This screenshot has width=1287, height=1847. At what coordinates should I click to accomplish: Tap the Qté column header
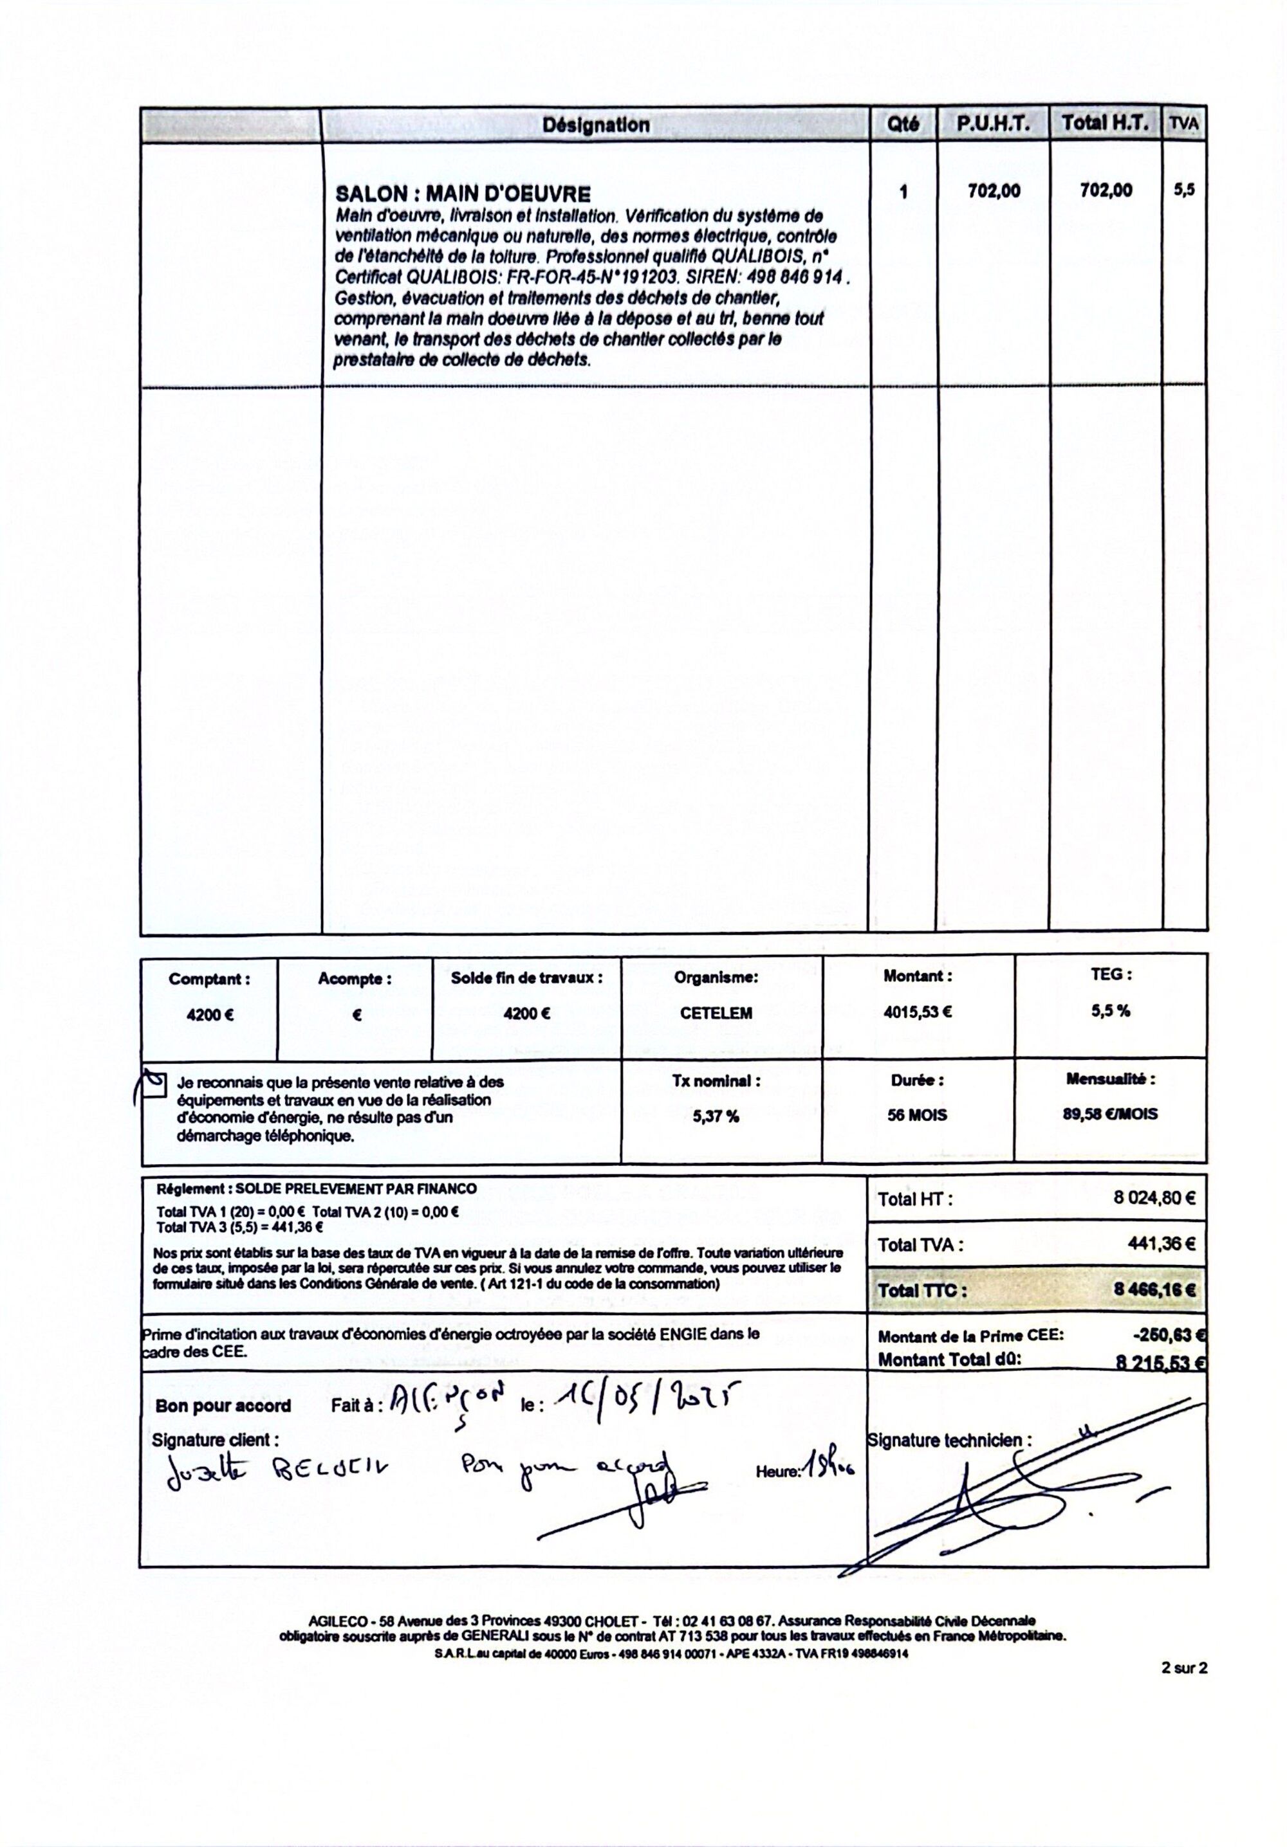click(902, 125)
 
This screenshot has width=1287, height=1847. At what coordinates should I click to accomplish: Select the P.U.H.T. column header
click(992, 124)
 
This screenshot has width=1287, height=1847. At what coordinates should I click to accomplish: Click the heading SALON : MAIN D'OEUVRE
click(463, 194)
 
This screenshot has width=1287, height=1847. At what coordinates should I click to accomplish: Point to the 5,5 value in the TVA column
click(1184, 190)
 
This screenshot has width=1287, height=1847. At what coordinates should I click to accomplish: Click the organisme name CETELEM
click(716, 1014)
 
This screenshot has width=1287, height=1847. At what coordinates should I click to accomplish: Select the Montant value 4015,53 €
click(917, 1012)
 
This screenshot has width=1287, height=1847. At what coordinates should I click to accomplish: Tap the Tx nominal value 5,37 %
click(716, 1116)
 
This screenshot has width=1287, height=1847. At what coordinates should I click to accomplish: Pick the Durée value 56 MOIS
click(917, 1115)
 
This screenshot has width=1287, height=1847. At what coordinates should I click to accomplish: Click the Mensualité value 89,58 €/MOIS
click(1110, 1114)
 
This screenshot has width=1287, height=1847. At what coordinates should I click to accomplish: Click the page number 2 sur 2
click(1184, 1668)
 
